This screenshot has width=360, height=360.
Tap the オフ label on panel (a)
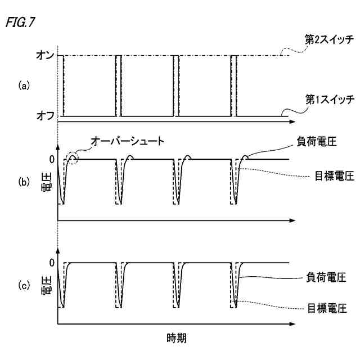pyautogui.click(x=43, y=116)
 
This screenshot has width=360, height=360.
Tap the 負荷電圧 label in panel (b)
pyautogui.click(x=314, y=142)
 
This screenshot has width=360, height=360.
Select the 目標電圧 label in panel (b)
pyautogui.click(x=334, y=175)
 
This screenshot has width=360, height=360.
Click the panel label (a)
pyautogui.click(x=23, y=85)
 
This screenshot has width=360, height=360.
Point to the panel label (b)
pyautogui.click(x=23, y=182)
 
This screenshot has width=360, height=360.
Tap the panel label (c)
pyautogui.click(x=23, y=286)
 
